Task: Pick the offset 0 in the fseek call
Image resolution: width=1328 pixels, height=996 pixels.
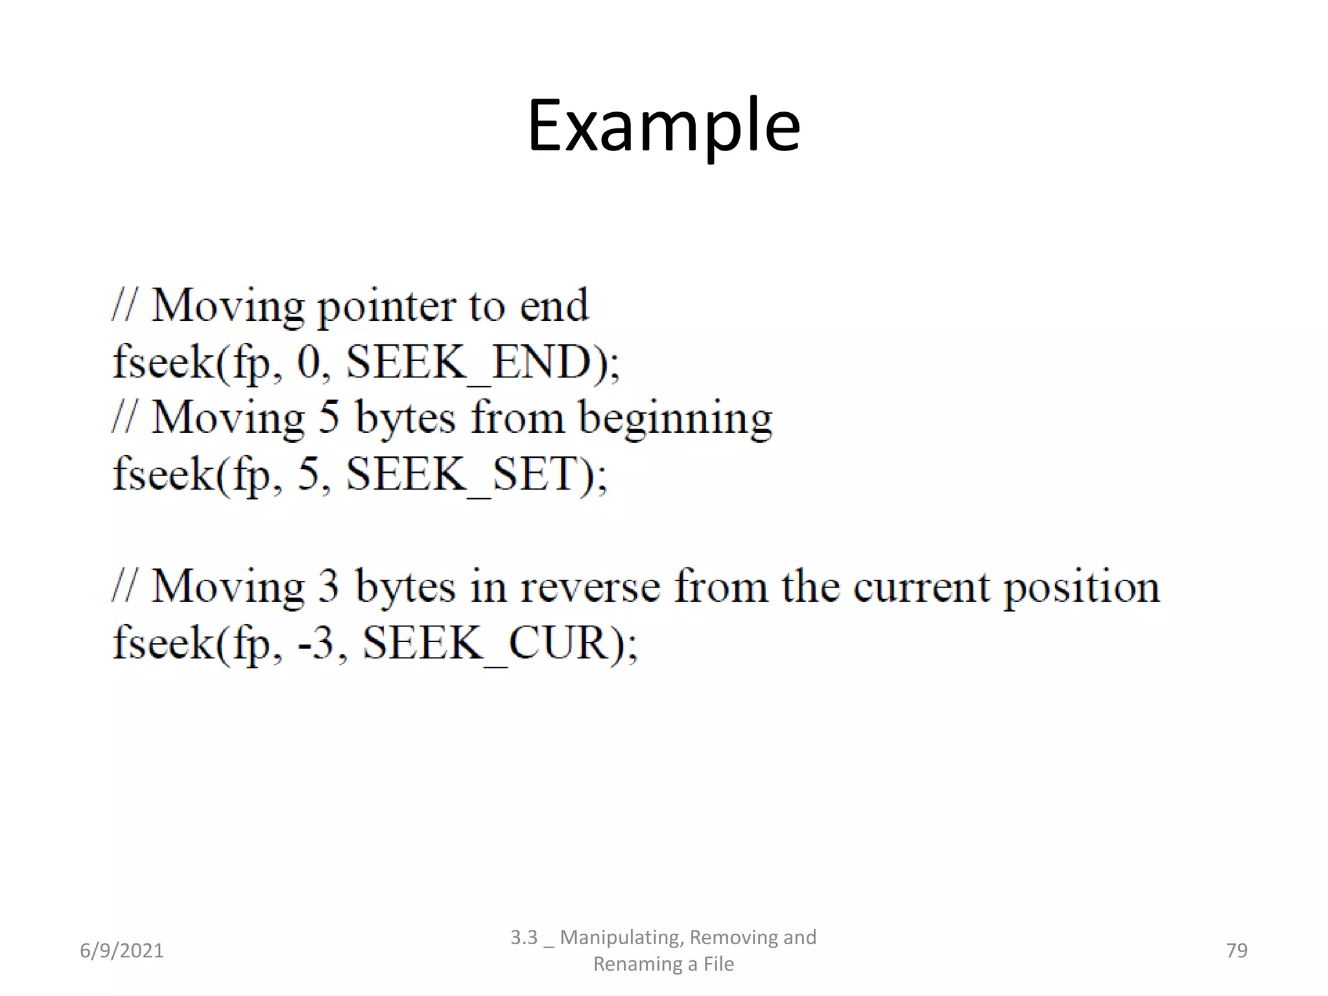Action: tap(309, 362)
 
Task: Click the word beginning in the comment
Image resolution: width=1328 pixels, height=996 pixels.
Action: tap(675, 419)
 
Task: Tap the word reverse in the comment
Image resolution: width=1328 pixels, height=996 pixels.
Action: tap(590, 587)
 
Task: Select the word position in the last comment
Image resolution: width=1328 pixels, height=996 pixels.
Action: tap(1081, 587)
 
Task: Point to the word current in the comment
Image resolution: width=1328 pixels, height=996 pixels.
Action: tap(921, 587)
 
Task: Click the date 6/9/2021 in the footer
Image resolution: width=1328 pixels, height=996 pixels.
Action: tap(122, 951)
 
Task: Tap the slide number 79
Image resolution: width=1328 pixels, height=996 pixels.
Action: tap(1237, 951)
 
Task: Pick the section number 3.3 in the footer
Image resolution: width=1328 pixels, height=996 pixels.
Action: tap(524, 938)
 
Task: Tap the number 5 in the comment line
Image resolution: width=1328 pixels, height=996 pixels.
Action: tap(329, 418)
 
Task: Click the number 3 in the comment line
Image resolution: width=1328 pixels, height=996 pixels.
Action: tap(329, 587)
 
